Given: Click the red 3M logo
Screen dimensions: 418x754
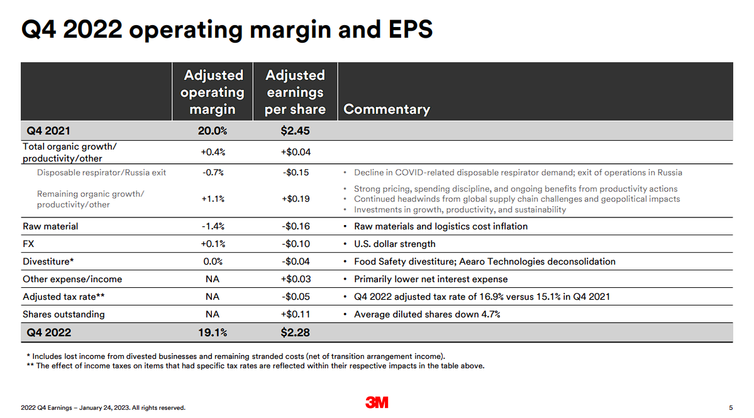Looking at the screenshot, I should click(x=377, y=402).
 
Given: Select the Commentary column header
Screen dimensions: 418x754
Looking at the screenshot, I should click(x=387, y=109).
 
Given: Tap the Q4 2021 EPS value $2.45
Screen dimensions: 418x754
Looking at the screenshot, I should click(x=295, y=131).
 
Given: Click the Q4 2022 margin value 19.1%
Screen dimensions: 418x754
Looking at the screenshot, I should click(x=213, y=333).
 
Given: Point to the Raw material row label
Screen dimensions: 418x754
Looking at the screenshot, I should click(x=50, y=226).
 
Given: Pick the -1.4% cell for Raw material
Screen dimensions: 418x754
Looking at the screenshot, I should click(x=213, y=226).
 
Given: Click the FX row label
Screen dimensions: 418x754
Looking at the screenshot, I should click(x=28, y=244).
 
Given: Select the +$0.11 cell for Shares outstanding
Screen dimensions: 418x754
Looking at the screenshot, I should click(x=296, y=314).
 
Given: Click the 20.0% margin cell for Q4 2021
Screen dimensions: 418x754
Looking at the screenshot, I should click(x=213, y=131).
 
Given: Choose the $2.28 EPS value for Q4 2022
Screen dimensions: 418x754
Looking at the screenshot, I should click(x=295, y=333).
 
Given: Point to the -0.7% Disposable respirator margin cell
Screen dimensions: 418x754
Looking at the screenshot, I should click(x=213, y=172).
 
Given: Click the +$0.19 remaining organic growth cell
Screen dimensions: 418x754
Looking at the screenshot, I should click(x=296, y=199).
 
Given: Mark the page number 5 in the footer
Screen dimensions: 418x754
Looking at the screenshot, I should click(x=731, y=407).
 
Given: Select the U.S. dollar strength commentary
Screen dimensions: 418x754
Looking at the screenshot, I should click(x=394, y=244).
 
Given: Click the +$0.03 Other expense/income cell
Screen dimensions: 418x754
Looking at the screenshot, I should click(x=296, y=279).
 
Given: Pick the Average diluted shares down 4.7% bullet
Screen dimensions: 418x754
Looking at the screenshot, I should click(x=427, y=314).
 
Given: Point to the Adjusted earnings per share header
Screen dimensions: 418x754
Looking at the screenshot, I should click(x=295, y=92).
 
